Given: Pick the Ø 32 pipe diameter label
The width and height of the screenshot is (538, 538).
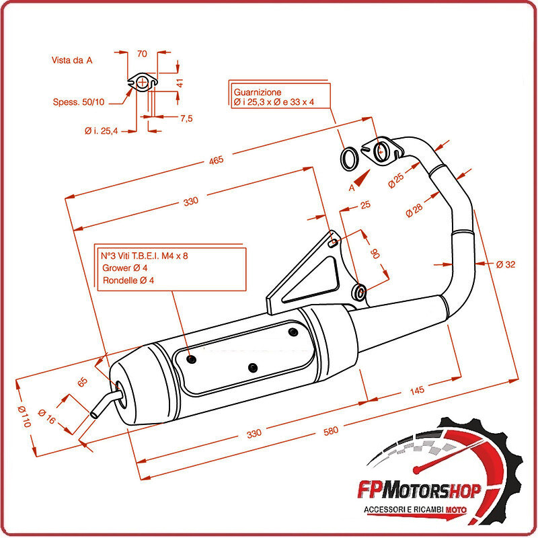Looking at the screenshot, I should pyautogui.click(x=506, y=264).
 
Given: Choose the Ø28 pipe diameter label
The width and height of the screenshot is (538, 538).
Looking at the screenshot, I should pyautogui.click(x=414, y=210).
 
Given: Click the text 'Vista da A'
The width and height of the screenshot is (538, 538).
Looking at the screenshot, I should pyautogui.click(x=72, y=60).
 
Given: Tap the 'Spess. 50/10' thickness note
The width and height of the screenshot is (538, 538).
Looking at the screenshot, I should pyautogui.click(x=79, y=102).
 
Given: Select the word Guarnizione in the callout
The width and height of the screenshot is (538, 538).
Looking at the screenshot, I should pyautogui.click(x=258, y=91).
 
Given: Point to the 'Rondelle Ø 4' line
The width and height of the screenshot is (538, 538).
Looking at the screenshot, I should pyautogui.click(x=128, y=280).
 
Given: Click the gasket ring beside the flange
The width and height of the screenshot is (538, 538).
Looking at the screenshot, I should pyautogui.click(x=349, y=159).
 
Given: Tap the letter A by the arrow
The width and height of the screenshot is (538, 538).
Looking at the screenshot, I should pyautogui.click(x=351, y=189).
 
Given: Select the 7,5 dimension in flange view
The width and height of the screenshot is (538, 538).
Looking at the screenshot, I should pyautogui.click(x=186, y=118).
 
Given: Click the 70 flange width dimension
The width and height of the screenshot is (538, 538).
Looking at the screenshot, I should pyautogui.click(x=142, y=54).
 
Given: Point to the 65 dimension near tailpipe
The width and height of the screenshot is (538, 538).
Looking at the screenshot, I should pyautogui.click(x=83, y=382).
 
